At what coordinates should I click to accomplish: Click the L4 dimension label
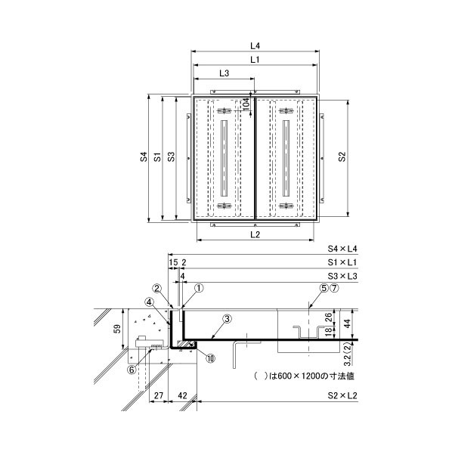255,45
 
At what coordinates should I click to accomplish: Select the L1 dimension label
255,60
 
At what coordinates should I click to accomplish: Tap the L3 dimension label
224,73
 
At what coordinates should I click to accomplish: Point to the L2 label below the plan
255,234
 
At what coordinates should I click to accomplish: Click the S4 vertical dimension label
144,156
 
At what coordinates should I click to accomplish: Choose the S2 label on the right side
342,156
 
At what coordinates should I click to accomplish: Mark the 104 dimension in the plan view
246,104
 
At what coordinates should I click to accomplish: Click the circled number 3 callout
228,319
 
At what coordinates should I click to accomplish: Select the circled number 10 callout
210,358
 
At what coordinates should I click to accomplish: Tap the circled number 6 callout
132,370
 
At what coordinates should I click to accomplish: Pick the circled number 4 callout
150,302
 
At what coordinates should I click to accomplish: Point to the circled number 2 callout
157,288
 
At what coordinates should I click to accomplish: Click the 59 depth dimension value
117,329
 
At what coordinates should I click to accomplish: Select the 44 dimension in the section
348,324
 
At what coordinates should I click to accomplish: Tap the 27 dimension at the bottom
159,395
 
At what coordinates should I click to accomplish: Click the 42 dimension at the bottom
182,395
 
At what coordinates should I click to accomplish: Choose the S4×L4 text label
342,249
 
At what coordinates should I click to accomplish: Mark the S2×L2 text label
342,395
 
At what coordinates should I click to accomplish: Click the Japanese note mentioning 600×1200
304,376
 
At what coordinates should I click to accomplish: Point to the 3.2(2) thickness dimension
348,354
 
